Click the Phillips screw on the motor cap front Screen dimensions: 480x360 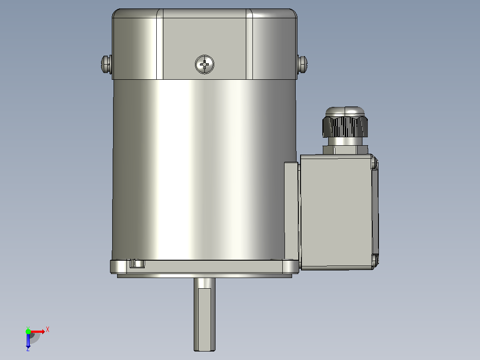(x=204, y=64)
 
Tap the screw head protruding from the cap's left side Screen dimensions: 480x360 (x=106, y=64)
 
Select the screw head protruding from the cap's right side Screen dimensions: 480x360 (x=302, y=64)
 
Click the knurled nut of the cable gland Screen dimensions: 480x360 (x=345, y=126)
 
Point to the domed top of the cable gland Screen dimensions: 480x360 (x=345, y=111)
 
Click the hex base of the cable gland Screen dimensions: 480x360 (x=346, y=150)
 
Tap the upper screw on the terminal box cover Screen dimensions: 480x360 (x=374, y=162)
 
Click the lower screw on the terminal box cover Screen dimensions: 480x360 (x=375, y=260)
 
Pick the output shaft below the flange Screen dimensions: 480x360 (x=204, y=315)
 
